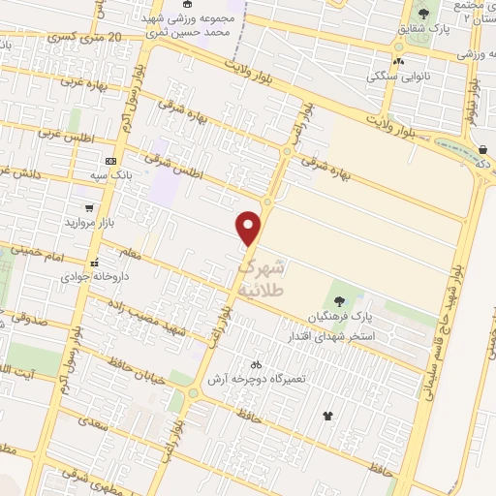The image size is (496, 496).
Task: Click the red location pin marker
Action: coord(250,228)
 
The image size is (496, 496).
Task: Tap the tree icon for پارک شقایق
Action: coord(423,14)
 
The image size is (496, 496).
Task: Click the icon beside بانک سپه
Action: coord(110,160)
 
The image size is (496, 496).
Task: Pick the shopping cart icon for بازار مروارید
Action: coord(89,207)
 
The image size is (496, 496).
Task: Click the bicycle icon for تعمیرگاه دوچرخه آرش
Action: coord(255,365)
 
